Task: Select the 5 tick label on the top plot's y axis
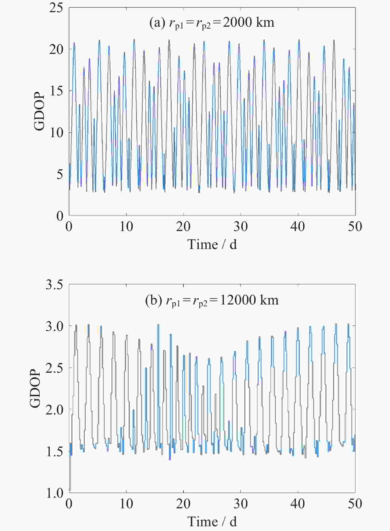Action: (59, 174)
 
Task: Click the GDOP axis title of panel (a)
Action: (39, 111)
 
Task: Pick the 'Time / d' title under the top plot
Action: (212, 244)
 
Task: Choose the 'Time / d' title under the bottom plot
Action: (212, 521)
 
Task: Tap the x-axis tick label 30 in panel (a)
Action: (240, 227)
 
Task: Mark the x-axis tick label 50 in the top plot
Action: (355, 227)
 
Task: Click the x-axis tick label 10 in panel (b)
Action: (126, 504)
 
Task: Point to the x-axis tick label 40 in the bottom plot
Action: (298, 504)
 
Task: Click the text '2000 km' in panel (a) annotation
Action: (248, 22)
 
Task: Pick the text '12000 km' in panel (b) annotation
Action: (249, 300)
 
